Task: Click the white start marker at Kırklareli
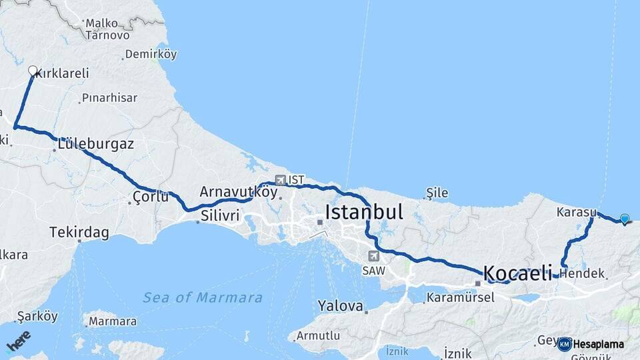pyautogui.click(x=33, y=70)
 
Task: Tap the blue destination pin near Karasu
pyautogui.click(x=624, y=219)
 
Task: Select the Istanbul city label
pyautogui.click(x=364, y=213)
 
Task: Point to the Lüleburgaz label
pyautogui.click(x=96, y=143)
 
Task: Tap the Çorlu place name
pyautogui.click(x=150, y=197)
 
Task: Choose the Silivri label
pyautogui.click(x=219, y=215)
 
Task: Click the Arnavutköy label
pyautogui.click(x=238, y=191)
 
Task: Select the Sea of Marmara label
pyautogui.click(x=203, y=297)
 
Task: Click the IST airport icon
pyautogui.click(x=279, y=180)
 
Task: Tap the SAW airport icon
pyautogui.click(x=373, y=256)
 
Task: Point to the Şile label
pyautogui.click(x=437, y=193)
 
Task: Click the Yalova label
pyautogui.click(x=340, y=306)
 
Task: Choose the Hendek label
pyautogui.click(x=587, y=273)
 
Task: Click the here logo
pyautogui.click(x=19, y=341)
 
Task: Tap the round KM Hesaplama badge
pyautogui.click(x=565, y=344)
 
